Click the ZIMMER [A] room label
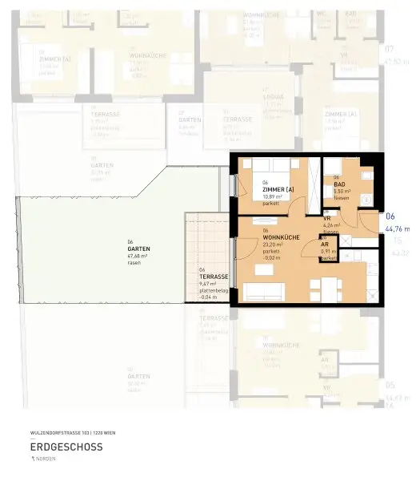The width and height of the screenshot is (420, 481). point(270,189)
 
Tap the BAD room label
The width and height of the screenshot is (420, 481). point(339,184)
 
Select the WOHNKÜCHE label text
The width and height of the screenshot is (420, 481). point(280,237)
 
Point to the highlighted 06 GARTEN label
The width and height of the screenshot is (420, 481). point(138,249)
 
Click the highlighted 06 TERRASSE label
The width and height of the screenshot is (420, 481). point(214,277)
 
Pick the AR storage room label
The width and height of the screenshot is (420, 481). point(325,245)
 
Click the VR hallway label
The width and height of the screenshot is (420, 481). point(327,218)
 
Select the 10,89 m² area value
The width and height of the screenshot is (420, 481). point(272,196)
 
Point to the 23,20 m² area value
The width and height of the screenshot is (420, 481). point(274,245)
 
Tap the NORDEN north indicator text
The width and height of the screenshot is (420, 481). point(46,459)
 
